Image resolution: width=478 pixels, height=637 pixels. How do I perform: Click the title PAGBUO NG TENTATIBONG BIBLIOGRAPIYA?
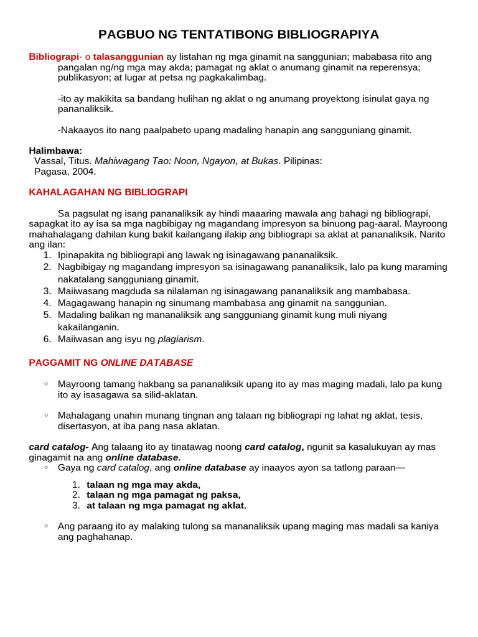tap(238, 34)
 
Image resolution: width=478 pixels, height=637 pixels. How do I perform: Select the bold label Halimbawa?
tap(55, 151)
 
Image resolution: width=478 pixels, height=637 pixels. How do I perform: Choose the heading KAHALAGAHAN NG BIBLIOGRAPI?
tap(108, 192)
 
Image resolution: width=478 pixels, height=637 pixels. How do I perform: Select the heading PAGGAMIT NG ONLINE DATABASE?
tap(111, 362)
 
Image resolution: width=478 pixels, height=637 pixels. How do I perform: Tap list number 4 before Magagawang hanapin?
tap(47, 303)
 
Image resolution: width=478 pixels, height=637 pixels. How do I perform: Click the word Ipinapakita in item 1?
tap(82, 255)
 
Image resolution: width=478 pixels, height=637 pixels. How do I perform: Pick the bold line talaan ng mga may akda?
tap(144, 485)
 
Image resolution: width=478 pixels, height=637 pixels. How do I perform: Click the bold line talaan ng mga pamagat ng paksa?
tap(164, 495)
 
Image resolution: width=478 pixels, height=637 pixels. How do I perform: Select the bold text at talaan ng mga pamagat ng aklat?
tap(167, 506)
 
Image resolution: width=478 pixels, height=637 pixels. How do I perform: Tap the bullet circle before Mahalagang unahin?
tap(46, 414)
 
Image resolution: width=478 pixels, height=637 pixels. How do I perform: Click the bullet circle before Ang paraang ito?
tap(46, 526)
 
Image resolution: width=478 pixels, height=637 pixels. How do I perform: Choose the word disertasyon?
tap(84, 426)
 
